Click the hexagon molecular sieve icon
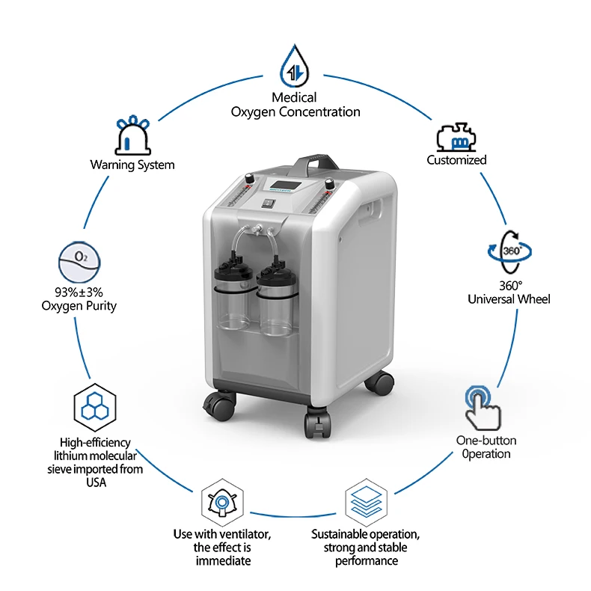[x=94, y=406]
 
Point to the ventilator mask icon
[x=222, y=502]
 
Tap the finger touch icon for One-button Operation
[x=481, y=407]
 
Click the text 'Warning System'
[x=132, y=165]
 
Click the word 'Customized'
[x=456, y=160]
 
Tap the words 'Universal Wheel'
[x=509, y=299]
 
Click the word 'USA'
[x=95, y=483]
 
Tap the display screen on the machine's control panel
[x=291, y=187]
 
